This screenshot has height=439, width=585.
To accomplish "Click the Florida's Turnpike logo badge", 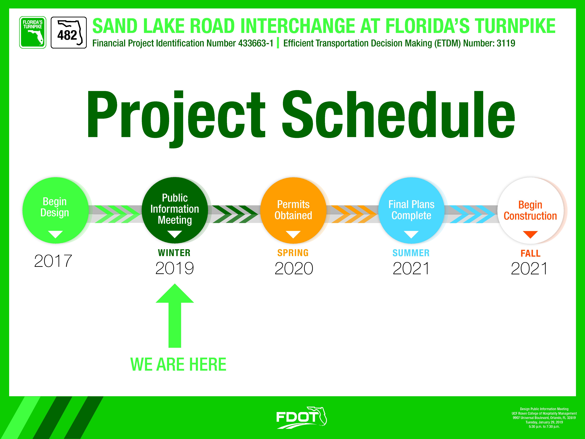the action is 33,32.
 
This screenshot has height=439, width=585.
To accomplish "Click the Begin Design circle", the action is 55,210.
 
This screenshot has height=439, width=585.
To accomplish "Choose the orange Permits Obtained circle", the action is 293,210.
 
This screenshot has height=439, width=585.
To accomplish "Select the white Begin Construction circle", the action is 530,210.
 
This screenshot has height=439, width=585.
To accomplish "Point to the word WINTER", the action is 174,253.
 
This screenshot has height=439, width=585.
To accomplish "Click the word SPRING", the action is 293,253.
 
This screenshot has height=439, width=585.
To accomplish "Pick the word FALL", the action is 530,253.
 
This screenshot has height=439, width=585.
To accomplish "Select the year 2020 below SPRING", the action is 294,268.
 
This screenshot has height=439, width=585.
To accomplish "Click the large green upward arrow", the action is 175,315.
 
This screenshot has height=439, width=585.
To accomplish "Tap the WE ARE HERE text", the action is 178,364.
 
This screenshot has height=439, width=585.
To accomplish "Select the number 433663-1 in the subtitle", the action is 255,43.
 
